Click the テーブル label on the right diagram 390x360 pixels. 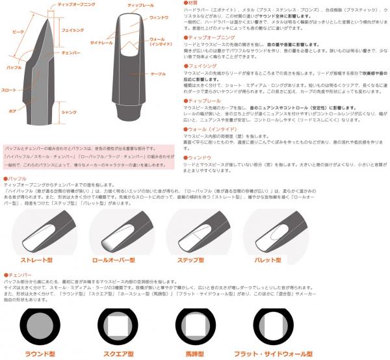pyautogui.click(x=158, y=75)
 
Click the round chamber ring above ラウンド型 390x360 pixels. pyautogui.click(x=41, y=326)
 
